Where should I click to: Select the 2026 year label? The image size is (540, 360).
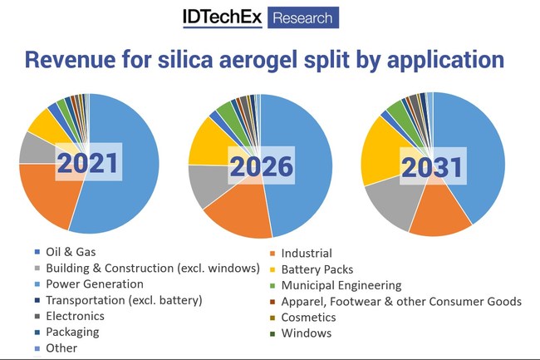point(262,167)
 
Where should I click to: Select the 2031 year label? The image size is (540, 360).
point(431,167)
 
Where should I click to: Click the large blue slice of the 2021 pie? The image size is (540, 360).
point(125,166)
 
